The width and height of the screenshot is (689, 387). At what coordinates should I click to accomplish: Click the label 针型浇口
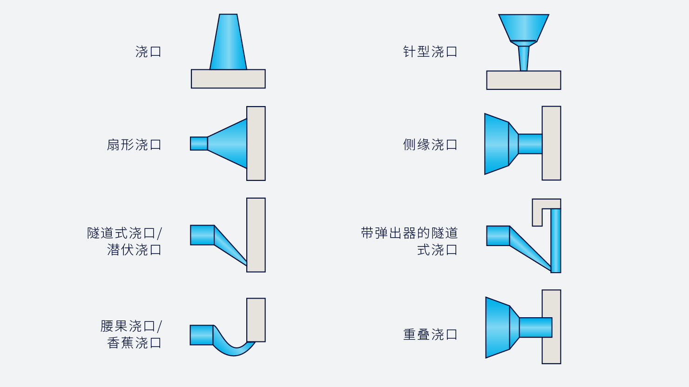click(430, 52)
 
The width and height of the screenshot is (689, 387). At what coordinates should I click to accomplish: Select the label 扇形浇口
click(134, 145)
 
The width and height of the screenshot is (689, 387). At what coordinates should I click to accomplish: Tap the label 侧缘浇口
click(430, 145)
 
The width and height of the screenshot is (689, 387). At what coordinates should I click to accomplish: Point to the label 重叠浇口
click(430, 334)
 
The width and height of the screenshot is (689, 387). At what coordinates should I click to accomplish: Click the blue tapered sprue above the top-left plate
click(228, 42)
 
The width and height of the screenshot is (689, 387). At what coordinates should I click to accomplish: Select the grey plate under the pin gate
click(524, 80)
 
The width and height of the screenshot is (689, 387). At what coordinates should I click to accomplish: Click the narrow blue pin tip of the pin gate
click(524, 59)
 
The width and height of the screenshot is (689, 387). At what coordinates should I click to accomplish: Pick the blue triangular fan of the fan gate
click(227, 144)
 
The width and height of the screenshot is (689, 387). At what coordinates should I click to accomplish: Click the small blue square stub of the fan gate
click(199, 144)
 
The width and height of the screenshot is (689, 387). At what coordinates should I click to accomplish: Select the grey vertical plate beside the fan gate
click(256, 144)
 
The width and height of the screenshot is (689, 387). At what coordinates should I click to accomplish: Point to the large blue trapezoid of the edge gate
click(496, 144)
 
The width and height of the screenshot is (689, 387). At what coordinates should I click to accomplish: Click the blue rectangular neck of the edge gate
click(530, 144)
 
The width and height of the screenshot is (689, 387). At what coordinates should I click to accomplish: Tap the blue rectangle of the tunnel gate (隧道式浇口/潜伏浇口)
click(202, 235)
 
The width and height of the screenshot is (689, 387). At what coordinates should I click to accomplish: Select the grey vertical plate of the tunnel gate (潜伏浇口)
click(256, 235)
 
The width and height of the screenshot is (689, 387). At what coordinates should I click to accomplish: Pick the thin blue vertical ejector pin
click(555, 240)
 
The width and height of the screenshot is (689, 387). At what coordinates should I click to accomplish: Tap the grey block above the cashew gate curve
click(256, 320)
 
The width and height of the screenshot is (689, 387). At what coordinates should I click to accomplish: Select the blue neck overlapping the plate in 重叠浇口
click(535, 327)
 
